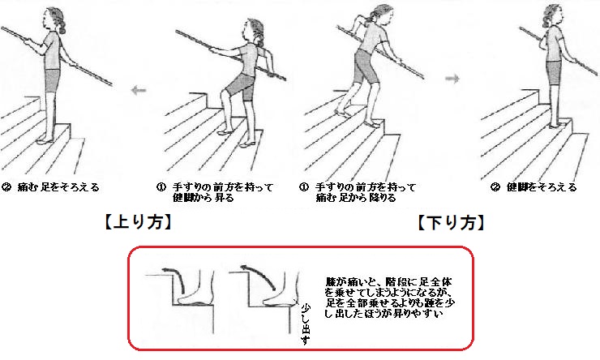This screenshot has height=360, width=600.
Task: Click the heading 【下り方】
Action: [451, 221]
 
